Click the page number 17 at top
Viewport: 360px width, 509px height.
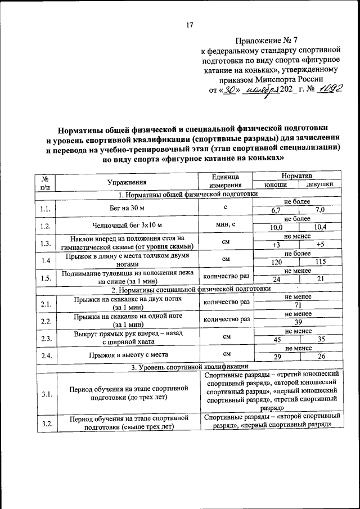[x=190, y=24]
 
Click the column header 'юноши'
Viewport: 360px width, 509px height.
[x=276, y=185]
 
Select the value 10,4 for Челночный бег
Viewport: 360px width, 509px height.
[x=320, y=227]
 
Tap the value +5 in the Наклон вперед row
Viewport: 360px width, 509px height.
[x=320, y=245]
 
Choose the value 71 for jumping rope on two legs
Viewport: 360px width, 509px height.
[x=298, y=305]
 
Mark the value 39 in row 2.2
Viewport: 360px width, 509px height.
[x=298, y=323]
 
